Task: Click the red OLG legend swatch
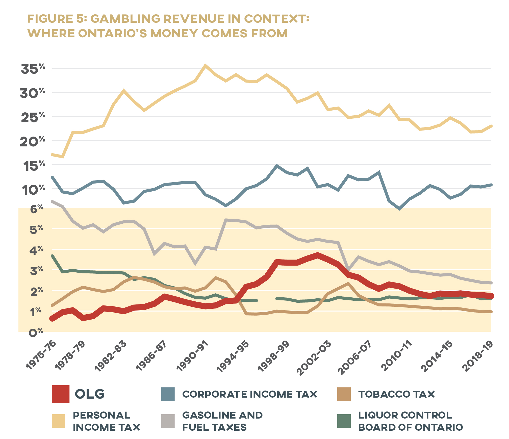point(60,394)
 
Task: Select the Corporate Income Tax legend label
point(249,394)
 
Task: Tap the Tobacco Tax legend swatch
point(344,394)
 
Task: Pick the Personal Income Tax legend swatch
point(58,421)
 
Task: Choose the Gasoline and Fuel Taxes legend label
point(222,421)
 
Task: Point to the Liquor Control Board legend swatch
point(344,421)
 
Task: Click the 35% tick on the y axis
point(33,69)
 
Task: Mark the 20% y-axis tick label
point(32,141)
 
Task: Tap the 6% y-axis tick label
point(36,209)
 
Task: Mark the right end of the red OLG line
point(491,296)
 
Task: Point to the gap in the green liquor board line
point(267,299)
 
